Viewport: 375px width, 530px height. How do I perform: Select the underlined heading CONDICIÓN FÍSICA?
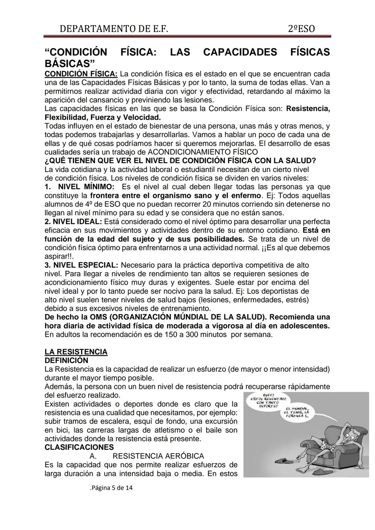point(81,74)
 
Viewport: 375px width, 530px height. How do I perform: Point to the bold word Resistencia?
point(308,109)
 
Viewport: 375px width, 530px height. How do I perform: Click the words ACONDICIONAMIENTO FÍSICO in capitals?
point(203,152)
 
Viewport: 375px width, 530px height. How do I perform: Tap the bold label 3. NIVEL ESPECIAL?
point(81,265)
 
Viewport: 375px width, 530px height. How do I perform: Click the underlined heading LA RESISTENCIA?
point(76,352)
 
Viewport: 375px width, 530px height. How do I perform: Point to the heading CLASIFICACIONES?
point(79,447)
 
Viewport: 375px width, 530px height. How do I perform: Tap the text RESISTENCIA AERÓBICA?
point(158,456)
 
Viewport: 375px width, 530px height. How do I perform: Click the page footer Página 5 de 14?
point(111,488)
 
